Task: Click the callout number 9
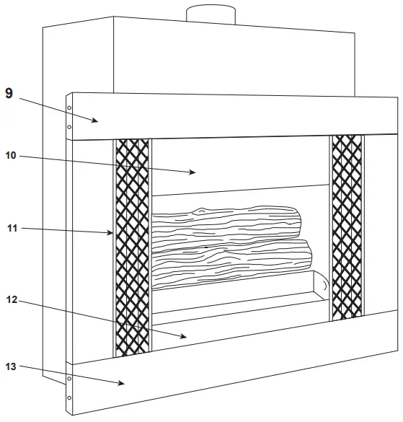tap(9, 93)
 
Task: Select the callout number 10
tap(19, 155)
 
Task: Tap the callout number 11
tap(12, 229)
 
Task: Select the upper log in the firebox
tap(227, 223)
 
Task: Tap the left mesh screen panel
tap(133, 245)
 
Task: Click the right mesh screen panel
tap(346, 227)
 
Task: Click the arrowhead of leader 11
tap(112, 233)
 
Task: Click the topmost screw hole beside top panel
tap(69, 108)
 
